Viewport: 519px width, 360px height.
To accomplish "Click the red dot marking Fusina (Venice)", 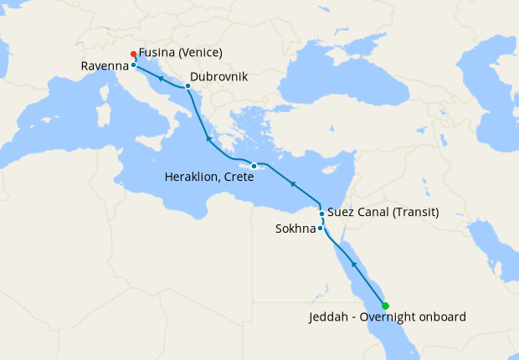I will (134, 54).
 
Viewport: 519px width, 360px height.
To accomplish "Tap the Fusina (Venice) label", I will (182, 53).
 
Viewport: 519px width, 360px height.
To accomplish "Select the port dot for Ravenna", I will (133, 64).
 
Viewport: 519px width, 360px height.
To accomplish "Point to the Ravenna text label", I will (105, 65).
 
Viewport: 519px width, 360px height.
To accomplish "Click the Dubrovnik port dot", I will (188, 86).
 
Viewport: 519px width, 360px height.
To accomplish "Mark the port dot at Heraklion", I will (254, 166).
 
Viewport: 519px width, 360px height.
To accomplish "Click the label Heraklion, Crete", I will (208, 177).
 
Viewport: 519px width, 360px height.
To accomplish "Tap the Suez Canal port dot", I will (321, 213).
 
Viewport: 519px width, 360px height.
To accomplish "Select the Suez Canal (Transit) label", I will (383, 212).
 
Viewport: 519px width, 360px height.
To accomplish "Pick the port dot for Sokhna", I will (320, 228).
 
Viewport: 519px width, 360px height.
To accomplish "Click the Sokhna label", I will (294, 229).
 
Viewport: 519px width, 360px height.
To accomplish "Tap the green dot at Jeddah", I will (385, 306).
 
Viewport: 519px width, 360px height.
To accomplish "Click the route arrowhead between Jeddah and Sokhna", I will (354, 265).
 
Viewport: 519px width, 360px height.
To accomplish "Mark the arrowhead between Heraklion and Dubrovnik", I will (208, 136).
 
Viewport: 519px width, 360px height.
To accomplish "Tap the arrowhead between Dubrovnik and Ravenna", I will (160, 78).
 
